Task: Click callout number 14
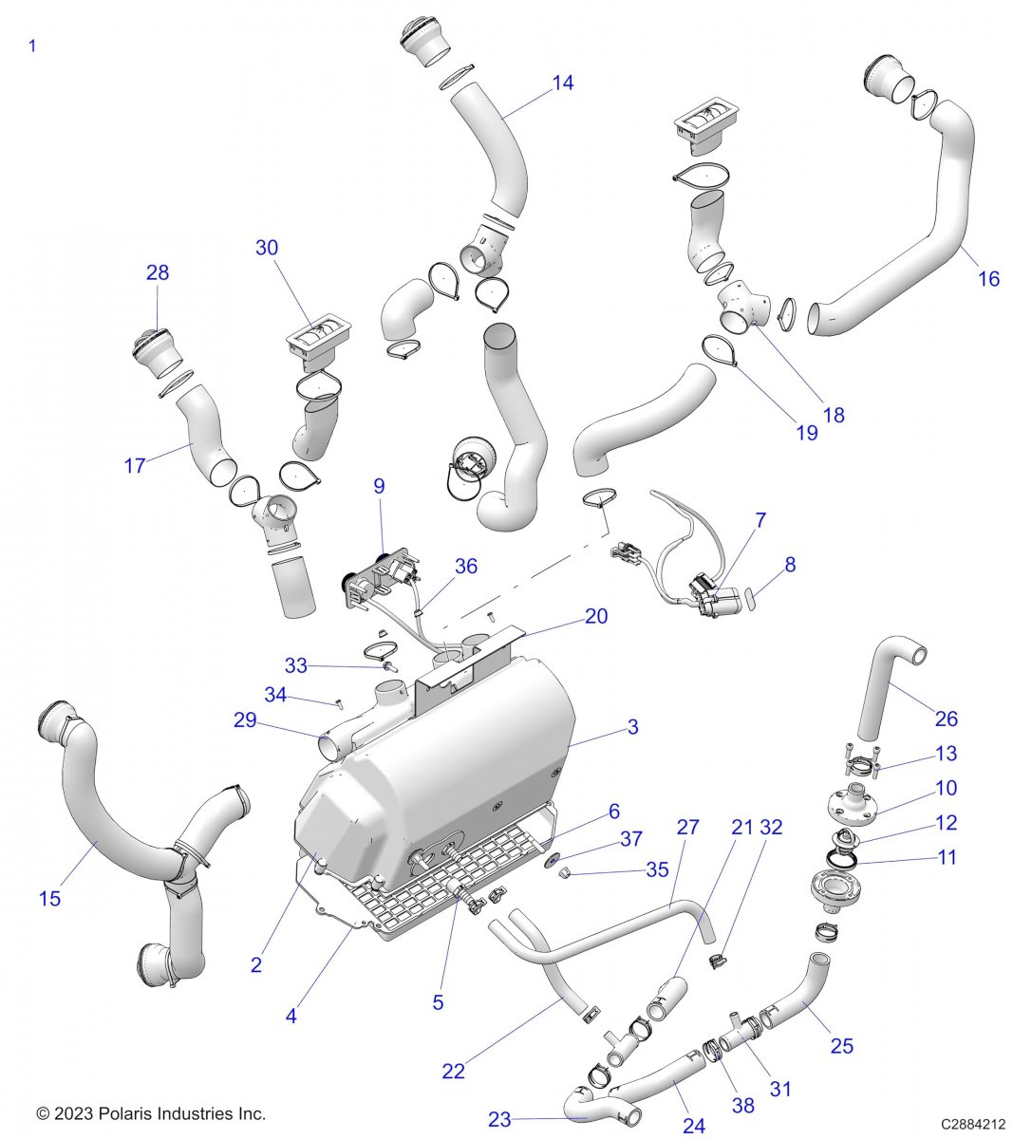[x=562, y=84]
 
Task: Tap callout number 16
[x=988, y=279]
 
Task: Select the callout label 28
[x=158, y=273]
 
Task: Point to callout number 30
[x=267, y=248]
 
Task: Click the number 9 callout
[x=379, y=487]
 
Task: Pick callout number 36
[x=465, y=567]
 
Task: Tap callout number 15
[x=49, y=898]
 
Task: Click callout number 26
[x=947, y=719]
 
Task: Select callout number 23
[x=500, y=1120]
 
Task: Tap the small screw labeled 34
[x=337, y=703]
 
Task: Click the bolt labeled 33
[x=388, y=667]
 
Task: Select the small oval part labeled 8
[x=750, y=597]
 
